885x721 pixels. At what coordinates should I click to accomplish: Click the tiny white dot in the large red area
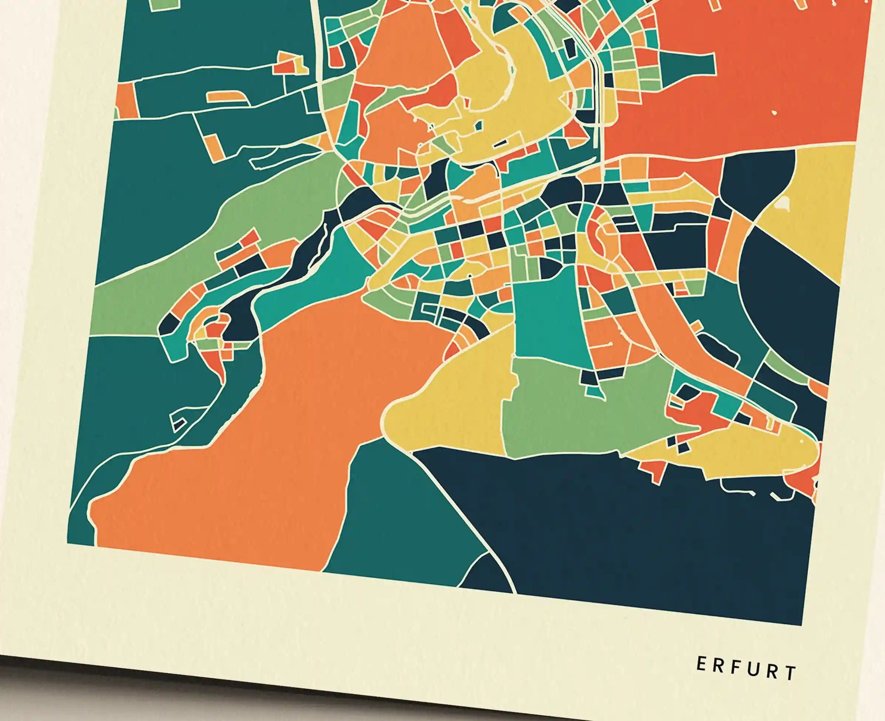coord(774,112)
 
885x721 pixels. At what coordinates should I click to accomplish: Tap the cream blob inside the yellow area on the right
coord(782,203)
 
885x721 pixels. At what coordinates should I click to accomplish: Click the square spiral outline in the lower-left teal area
coord(178,421)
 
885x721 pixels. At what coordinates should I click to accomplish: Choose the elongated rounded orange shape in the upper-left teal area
coord(225,96)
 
